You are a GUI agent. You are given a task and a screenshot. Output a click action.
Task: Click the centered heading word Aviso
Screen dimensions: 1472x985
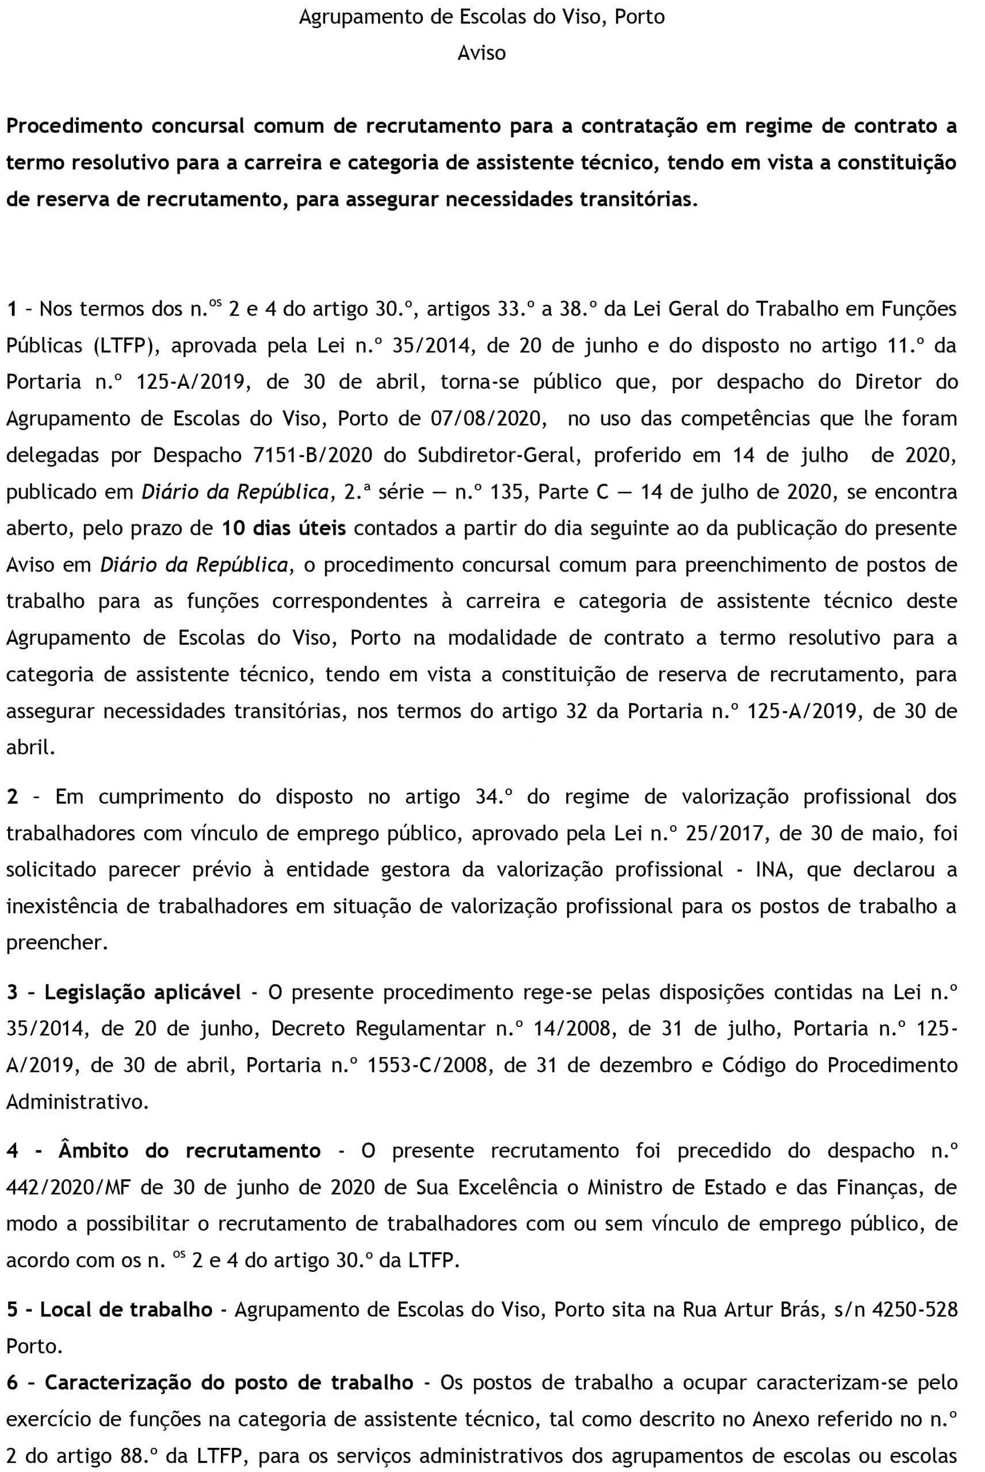(x=481, y=53)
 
